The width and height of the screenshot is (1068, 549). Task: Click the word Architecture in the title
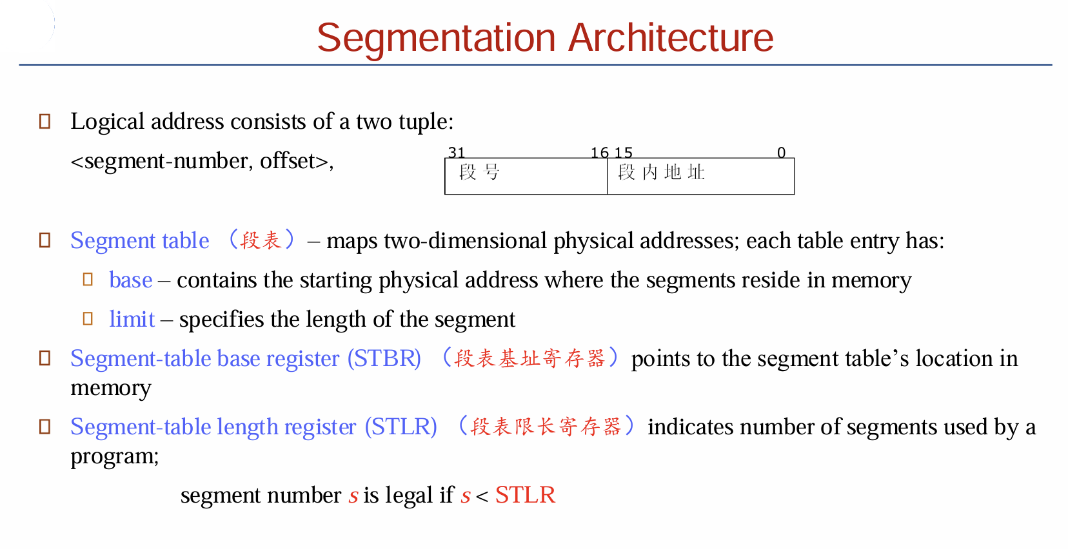coord(671,37)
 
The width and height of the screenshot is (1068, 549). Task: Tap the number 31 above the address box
coord(456,153)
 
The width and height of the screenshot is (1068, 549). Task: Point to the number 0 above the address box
coord(781,153)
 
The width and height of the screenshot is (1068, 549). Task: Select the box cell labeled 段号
coord(526,176)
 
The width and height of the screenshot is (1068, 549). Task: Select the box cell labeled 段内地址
coord(701,176)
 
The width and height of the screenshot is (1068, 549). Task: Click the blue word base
coord(131,280)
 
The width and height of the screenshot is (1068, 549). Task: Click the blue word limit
coord(132,319)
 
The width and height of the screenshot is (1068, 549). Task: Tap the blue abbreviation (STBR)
coord(384,358)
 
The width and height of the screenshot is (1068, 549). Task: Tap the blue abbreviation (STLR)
coord(401,427)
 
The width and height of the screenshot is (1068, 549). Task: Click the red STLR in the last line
coord(526,495)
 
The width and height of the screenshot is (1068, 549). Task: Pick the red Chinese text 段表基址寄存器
coord(529,358)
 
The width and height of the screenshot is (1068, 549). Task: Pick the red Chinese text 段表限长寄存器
coord(546,427)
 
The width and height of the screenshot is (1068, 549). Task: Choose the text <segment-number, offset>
coord(202,162)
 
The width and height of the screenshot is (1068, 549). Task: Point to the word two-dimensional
coord(465,240)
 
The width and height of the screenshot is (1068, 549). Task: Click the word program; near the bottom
coord(114,457)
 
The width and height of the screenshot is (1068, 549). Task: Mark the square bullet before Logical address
coord(44,121)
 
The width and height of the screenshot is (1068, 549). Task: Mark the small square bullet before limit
coord(88,318)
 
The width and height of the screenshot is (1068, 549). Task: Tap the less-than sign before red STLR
coord(482,496)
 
